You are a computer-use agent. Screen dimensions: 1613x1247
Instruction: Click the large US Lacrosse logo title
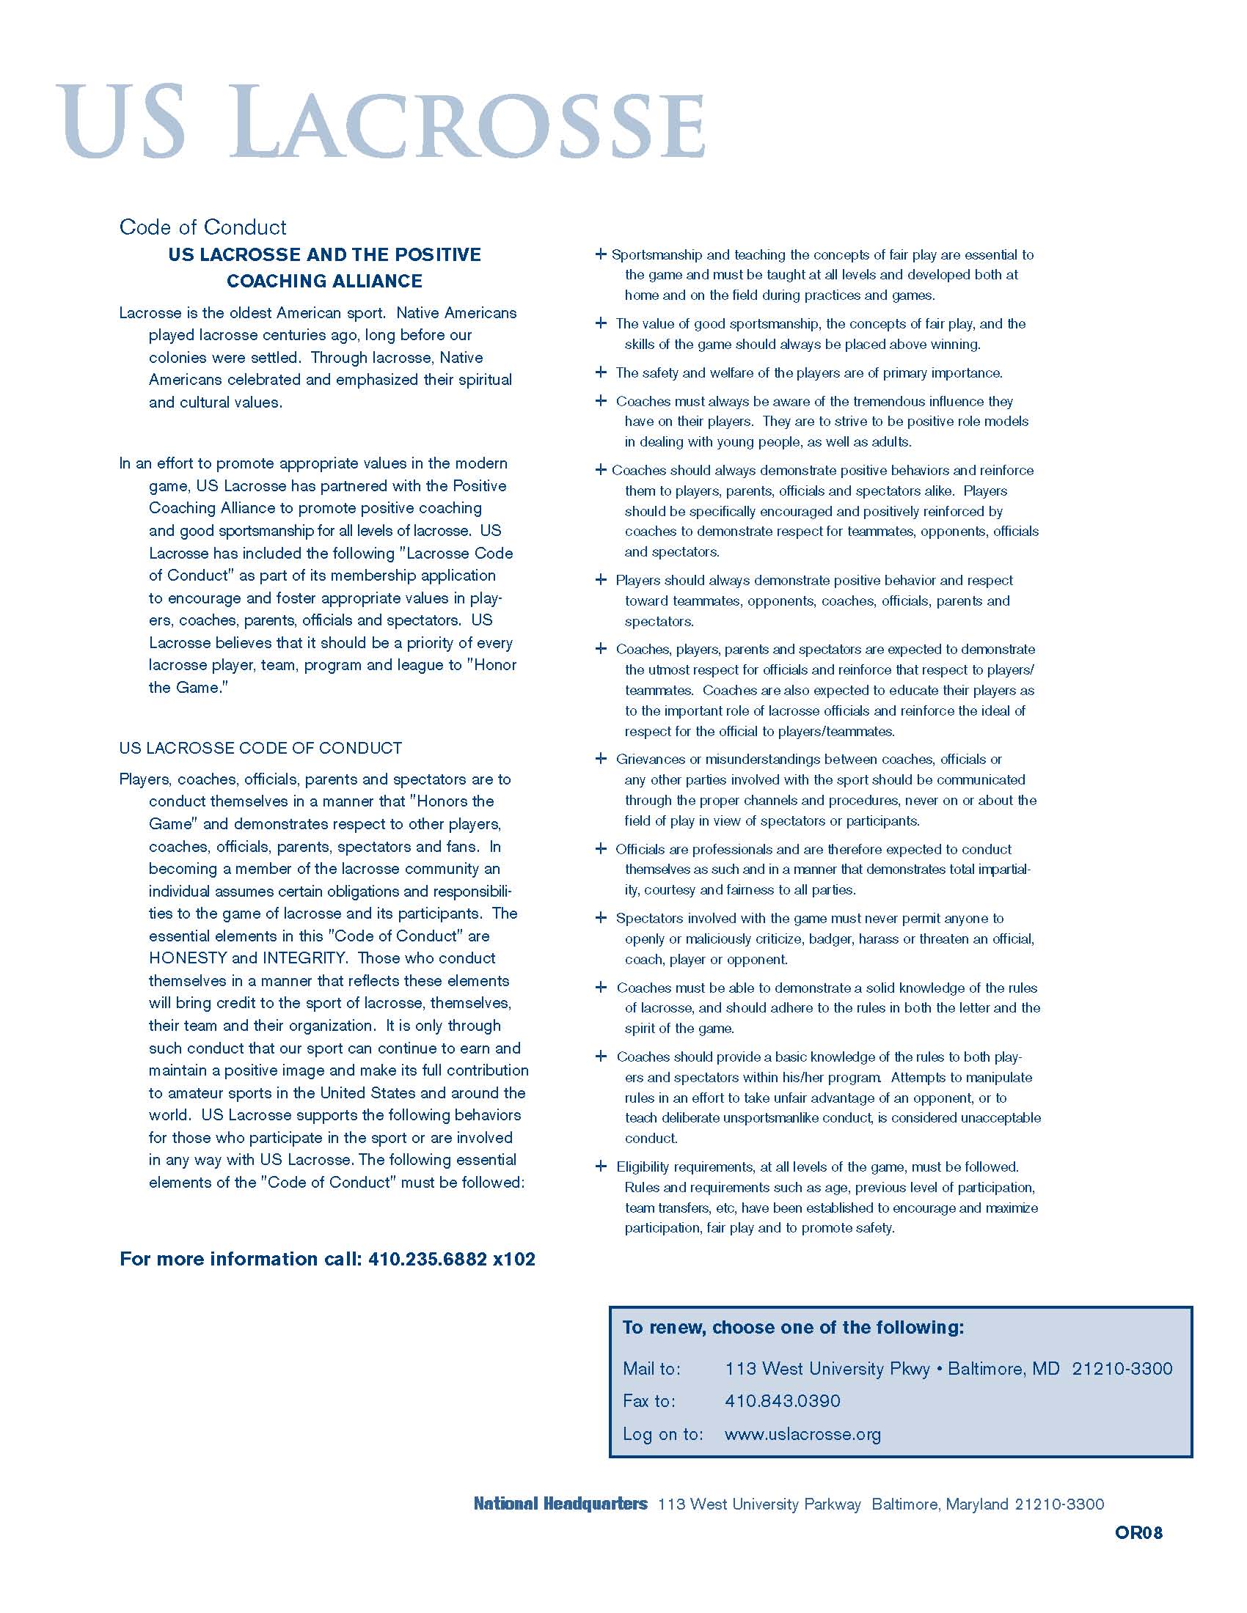coord(381,122)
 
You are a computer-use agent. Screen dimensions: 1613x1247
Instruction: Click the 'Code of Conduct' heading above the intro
coord(202,227)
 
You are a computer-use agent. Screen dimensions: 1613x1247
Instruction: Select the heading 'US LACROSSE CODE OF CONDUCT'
coord(260,748)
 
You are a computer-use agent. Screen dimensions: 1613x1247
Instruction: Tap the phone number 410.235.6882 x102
coord(451,1258)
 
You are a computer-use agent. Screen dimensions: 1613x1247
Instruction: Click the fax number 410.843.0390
coord(783,1401)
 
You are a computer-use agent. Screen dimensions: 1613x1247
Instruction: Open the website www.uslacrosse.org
coord(802,1434)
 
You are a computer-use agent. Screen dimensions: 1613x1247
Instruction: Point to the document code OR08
coord(1138,1532)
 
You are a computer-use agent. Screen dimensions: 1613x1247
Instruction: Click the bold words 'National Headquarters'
coord(560,1504)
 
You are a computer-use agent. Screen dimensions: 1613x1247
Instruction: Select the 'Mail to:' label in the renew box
coord(651,1369)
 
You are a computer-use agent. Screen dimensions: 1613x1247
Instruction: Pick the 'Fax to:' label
coord(648,1401)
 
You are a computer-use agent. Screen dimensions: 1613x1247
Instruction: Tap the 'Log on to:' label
coord(662,1434)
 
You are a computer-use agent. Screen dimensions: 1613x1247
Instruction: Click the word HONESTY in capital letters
coord(188,958)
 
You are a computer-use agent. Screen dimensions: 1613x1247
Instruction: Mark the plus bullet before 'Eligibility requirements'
coord(601,1167)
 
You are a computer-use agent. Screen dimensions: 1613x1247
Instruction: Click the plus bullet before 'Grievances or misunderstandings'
coord(601,759)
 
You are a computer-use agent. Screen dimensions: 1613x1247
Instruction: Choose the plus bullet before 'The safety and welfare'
coord(601,372)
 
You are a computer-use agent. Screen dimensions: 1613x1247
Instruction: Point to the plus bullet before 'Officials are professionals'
coord(601,848)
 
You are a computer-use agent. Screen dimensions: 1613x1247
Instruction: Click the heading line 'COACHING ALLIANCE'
coord(324,281)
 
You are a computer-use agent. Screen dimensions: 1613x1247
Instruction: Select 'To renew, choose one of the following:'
coord(793,1327)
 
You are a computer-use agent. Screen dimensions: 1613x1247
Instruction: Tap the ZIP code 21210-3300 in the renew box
coord(1122,1369)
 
